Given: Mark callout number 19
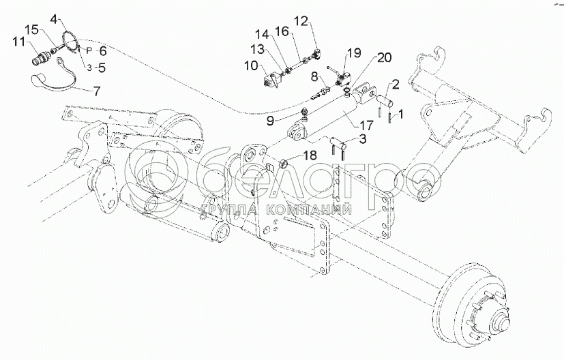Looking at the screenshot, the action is (x=353, y=52).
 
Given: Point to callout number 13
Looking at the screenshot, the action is (x=257, y=49).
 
